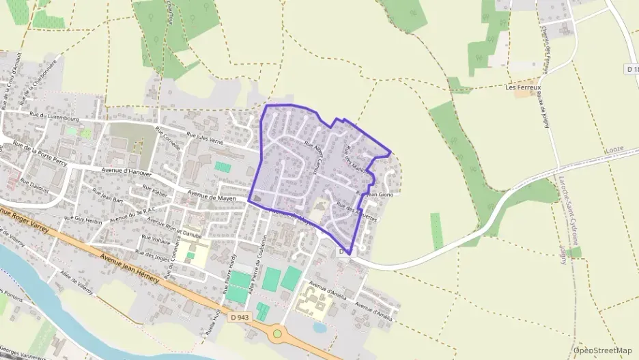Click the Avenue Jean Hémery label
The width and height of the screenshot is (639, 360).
[x=130, y=268]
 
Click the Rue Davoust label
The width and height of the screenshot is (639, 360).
[x=34, y=184]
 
